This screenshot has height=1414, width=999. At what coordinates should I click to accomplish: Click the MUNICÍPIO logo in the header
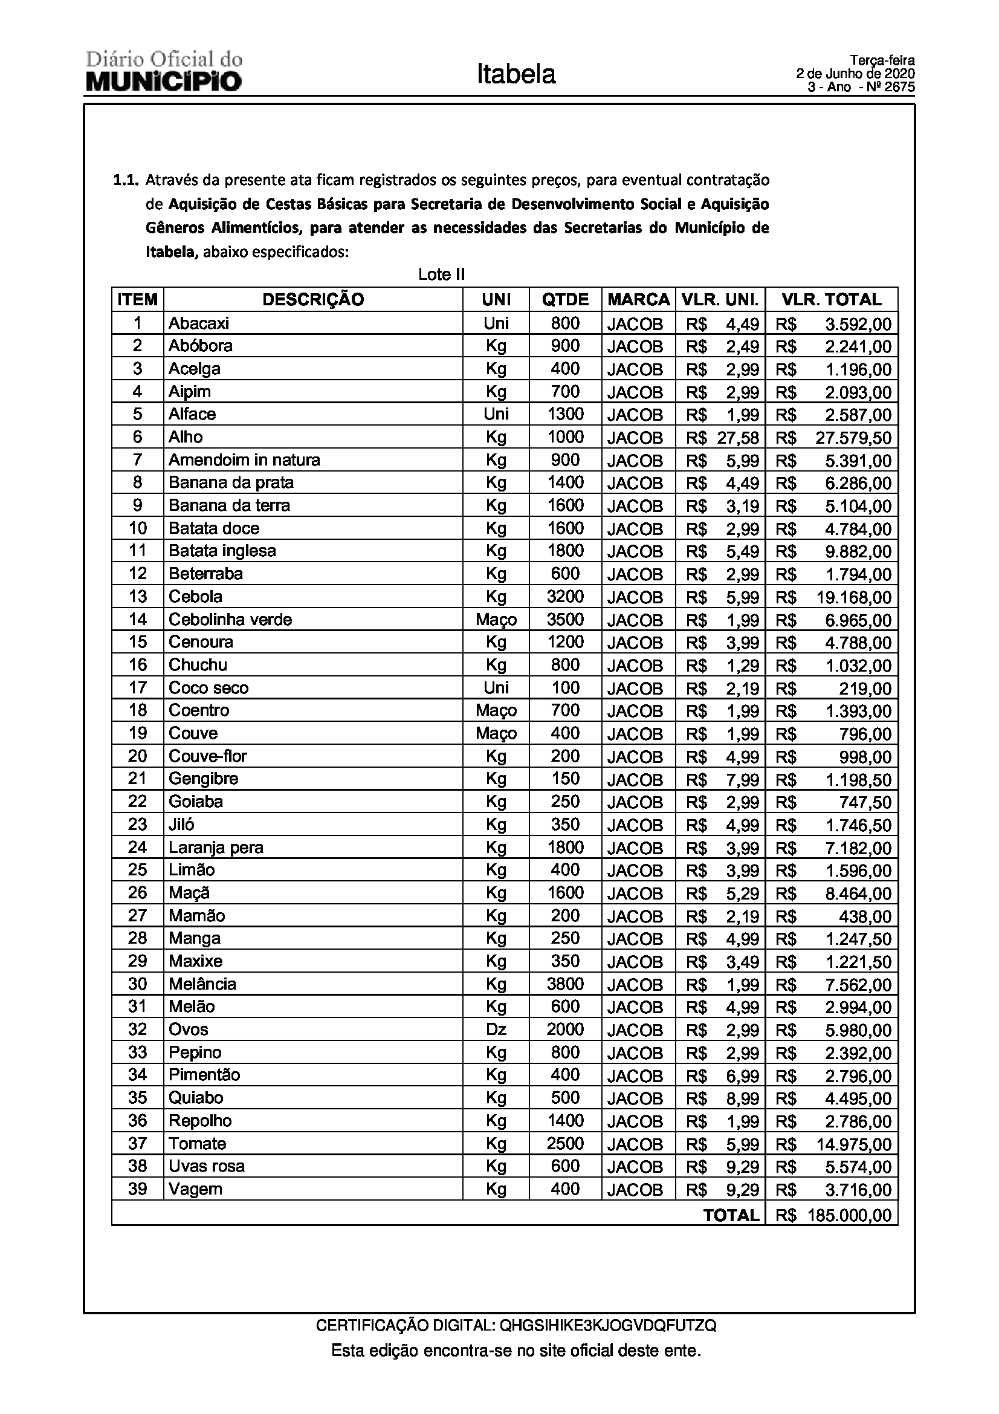pyautogui.click(x=164, y=81)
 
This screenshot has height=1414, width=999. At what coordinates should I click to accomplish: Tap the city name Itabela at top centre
pyautogui.click(x=516, y=74)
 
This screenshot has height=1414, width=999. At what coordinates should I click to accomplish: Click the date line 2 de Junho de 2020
pyautogui.click(x=856, y=74)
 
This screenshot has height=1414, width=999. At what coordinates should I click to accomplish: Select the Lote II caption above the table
pyautogui.click(x=441, y=274)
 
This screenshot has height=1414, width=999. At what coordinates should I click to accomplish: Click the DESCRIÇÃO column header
pyautogui.click(x=312, y=300)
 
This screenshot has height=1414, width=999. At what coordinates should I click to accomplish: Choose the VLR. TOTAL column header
pyautogui.click(x=831, y=300)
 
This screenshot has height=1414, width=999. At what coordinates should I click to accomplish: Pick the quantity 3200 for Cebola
pyautogui.click(x=565, y=597)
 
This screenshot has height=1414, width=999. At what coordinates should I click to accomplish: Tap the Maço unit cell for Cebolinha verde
pyautogui.click(x=496, y=620)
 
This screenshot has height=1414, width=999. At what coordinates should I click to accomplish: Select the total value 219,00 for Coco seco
pyautogui.click(x=865, y=689)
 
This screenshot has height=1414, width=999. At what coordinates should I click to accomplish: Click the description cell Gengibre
pyautogui.click(x=203, y=779)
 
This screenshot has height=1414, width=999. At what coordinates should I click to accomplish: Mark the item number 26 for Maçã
pyautogui.click(x=137, y=893)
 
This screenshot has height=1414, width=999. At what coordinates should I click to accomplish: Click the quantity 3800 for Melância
pyautogui.click(x=565, y=984)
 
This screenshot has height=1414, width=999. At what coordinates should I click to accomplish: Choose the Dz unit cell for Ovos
pyautogui.click(x=496, y=1030)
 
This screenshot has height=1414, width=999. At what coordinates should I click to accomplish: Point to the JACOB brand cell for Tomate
pyautogui.click(x=635, y=1144)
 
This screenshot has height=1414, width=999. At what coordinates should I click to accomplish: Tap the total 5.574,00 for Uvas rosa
pyautogui.click(x=858, y=1167)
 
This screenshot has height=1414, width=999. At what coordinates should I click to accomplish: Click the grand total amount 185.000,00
pyautogui.click(x=850, y=1215)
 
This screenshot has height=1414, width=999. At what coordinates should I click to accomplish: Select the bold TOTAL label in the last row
pyautogui.click(x=731, y=1215)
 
